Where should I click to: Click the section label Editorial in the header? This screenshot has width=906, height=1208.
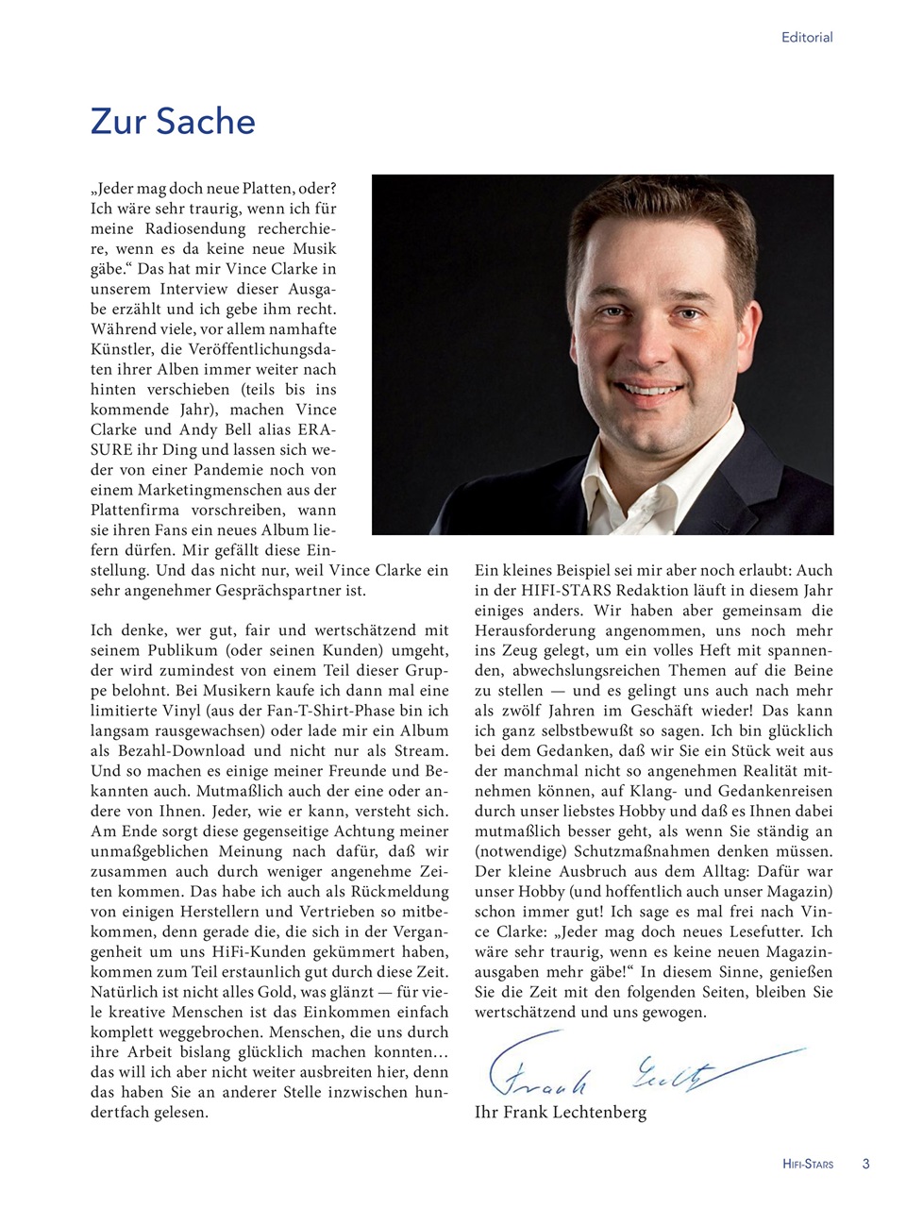click(x=806, y=38)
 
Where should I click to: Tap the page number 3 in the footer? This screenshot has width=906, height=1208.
click(x=865, y=1164)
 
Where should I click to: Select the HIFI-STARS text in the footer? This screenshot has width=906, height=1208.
click(x=808, y=1165)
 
